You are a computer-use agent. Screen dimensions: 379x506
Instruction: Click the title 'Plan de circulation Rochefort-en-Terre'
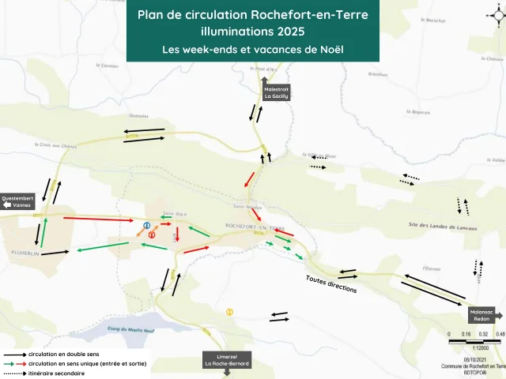pyautogui.click(x=252, y=15)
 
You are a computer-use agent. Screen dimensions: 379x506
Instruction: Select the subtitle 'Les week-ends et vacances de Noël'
pyautogui.click(x=252, y=49)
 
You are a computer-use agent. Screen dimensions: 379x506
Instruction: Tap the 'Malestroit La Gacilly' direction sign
pyautogui.click(x=278, y=92)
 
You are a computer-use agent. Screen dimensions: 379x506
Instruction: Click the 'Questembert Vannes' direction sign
pyautogui.click(x=17, y=203)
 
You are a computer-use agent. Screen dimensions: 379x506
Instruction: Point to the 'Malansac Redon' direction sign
pyautogui.click(x=483, y=314)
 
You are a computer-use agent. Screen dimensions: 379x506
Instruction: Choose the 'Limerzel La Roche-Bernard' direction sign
pyautogui.click(x=228, y=360)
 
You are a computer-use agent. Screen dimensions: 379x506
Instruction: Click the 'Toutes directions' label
pyautogui.click(x=331, y=284)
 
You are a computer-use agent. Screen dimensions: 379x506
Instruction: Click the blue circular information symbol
pyautogui.click(x=147, y=226)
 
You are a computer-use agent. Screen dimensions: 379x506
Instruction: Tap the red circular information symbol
pyautogui.click(x=152, y=235)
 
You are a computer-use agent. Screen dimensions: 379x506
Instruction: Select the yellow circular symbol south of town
pyautogui.click(x=229, y=311)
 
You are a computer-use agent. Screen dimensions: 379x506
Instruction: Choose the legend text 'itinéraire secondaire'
pyautogui.click(x=56, y=373)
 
